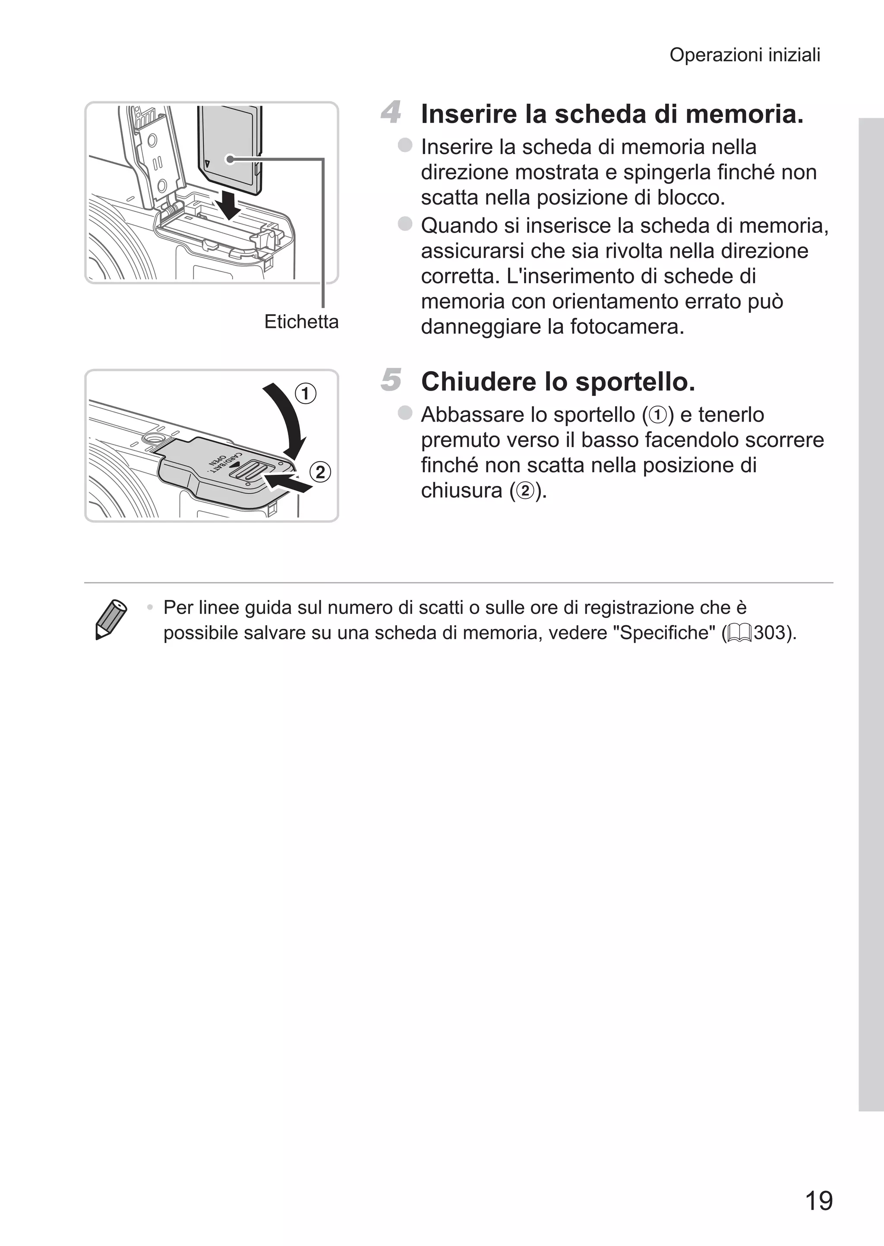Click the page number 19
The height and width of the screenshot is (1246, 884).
pyautogui.click(x=818, y=1200)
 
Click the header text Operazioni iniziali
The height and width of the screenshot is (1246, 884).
pyautogui.click(x=744, y=55)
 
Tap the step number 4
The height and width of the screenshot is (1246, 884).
pyautogui.click(x=390, y=112)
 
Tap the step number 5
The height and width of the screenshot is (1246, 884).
pyautogui.click(x=390, y=379)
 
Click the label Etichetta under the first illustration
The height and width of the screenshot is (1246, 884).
pyautogui.click(x=301, y=322)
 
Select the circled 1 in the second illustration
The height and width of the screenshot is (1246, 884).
pyautogui.click(x=305, y=393)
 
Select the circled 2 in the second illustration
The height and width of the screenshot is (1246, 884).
pyautogui.click(x=320, y=471)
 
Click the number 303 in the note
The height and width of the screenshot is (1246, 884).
pyautogui.click(x=769, y=633)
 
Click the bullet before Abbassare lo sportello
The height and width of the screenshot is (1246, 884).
pyautogui.click(x=404, y=413)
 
